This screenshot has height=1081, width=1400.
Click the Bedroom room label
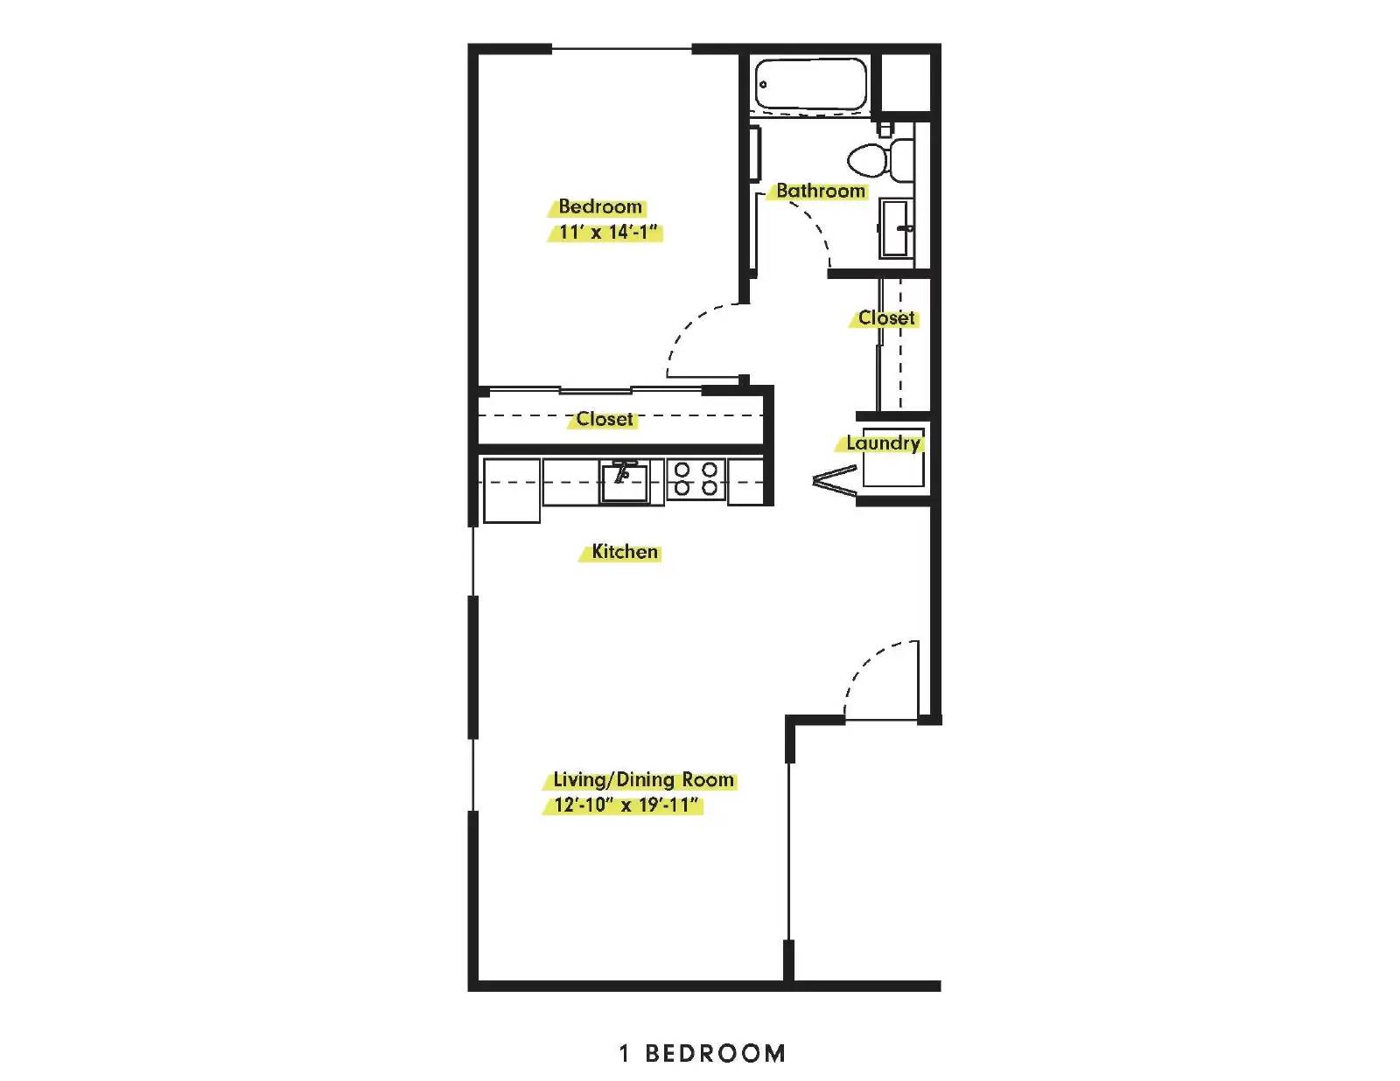coord(600,206)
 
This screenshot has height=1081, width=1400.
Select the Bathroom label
coord(820,191)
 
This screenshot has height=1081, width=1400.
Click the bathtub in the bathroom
coord(811,84)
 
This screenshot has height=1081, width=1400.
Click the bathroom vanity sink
coord(896,228)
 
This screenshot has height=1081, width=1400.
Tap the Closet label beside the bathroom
coord(885,318)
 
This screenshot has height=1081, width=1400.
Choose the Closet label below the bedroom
coord(605,419)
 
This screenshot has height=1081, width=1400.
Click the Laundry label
coord(883,443)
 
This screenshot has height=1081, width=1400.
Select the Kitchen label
coord(625,552)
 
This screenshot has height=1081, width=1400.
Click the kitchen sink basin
coord(624,482)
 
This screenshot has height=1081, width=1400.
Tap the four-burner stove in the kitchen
coord(696,478)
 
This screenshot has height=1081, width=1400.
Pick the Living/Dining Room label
coord(644,779)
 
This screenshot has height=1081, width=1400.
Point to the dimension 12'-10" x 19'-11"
coord(626,806)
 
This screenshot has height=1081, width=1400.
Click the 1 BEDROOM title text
coord(703,1054)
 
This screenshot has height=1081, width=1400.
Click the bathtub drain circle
coord(764,84)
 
